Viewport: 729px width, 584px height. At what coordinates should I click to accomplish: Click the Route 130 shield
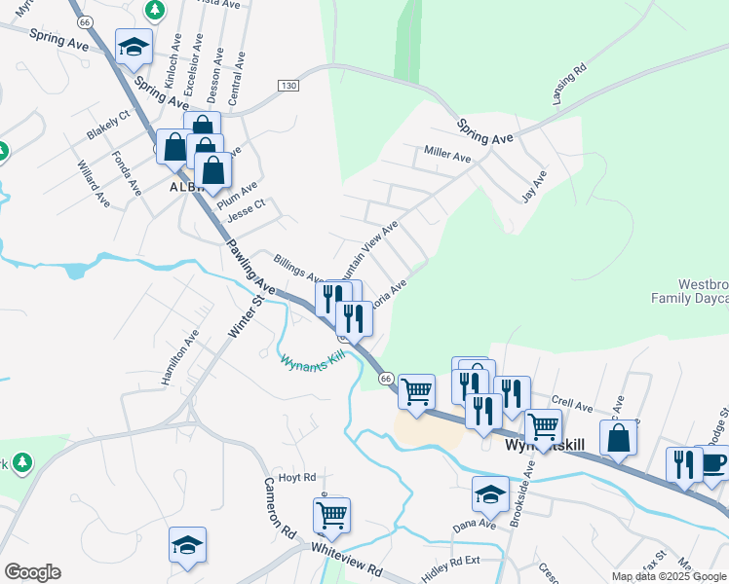(287, 86)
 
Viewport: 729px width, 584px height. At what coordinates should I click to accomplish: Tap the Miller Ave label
(447, 154)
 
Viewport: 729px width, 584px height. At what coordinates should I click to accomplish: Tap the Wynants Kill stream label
(313, 360)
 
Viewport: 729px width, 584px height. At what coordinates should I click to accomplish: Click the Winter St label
(247, 317)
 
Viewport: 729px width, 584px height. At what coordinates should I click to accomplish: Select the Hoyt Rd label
(297, 477)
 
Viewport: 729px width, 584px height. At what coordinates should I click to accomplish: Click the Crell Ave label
(572, 403)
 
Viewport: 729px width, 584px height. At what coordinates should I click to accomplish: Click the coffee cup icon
(712, 461)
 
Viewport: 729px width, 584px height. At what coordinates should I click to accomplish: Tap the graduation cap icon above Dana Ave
(490, 493)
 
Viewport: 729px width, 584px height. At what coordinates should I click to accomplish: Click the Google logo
(32, 572)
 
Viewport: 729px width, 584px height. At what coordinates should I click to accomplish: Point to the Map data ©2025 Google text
(670, 576)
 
